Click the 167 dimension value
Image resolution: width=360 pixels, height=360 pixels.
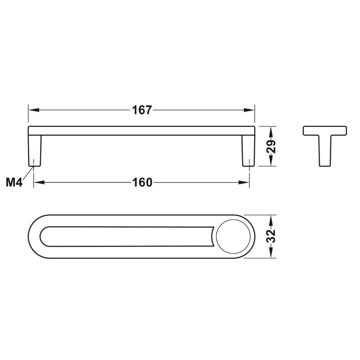142,110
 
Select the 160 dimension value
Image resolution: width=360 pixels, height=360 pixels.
142,183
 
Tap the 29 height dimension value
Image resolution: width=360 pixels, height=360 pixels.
271,146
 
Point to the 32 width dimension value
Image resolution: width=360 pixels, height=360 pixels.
271,236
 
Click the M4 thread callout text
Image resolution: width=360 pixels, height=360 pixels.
14,183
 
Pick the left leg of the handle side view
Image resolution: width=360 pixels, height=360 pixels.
35,151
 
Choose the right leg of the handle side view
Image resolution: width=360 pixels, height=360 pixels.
248,151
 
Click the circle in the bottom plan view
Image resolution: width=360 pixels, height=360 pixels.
233,237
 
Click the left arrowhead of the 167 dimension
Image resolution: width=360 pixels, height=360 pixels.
34,110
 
